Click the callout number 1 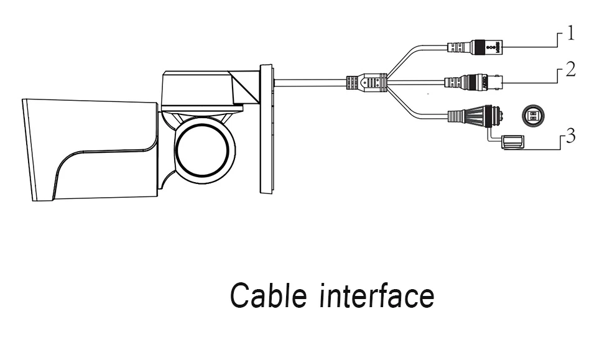point(570,33)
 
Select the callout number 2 point(570,69)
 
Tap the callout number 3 point(570,136)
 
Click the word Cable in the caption point(268,295)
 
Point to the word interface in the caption point(377,295)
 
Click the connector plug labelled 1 point(474,48)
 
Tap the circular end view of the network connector point(533,115)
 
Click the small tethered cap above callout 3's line point(512,142)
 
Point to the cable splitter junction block point(366,82)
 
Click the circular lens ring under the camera point(203,150)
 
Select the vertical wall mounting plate point(266,129)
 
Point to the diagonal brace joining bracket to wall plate point(246,87)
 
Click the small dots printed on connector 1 point(490,48)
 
